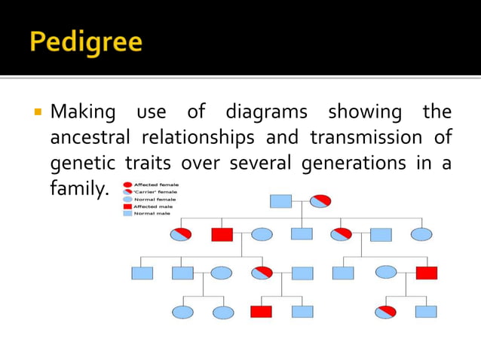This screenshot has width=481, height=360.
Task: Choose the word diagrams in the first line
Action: (x=266, y=113)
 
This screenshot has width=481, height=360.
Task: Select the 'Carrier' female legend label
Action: (x=156, y=191)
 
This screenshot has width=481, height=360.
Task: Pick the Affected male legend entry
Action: (x=152, y=206)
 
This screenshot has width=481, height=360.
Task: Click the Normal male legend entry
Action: (x=150, y=213)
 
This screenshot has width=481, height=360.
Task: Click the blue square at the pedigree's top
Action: (x=280, y=201)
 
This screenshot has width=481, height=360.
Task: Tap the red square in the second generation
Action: (x=222, y=234)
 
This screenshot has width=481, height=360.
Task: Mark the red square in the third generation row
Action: (x=426, y=273)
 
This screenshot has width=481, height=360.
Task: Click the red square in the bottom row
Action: (x=261, y=311)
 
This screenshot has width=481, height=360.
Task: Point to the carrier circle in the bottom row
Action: (x=385, y=311)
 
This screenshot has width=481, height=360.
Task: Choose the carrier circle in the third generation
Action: (x=262, y=273)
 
